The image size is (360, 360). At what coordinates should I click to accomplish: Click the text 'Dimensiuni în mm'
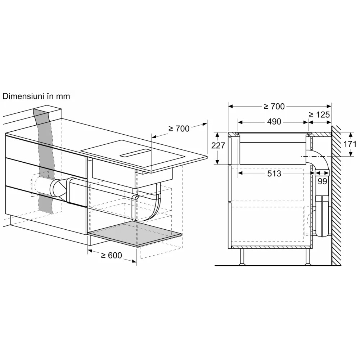pyautogui.click(x=36, y=96)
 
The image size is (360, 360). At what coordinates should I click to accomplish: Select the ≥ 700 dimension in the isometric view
pyautogui.click(x=179, y=129)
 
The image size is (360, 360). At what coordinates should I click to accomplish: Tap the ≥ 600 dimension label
pyautogui.click(x=111, y=255)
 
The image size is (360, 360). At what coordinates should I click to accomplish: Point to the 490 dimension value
pyautogui.click(x=274, y=122)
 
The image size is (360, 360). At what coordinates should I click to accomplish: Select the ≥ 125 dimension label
pyautogui.click(x=319, y=115)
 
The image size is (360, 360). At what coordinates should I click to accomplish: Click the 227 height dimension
pyautogui.click(x=219, y=145)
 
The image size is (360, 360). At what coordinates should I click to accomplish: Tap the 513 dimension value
pyautogui.click(x=274, y=174)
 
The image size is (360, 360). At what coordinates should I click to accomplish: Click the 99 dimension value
pyautogui.click(x=322, y=181)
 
